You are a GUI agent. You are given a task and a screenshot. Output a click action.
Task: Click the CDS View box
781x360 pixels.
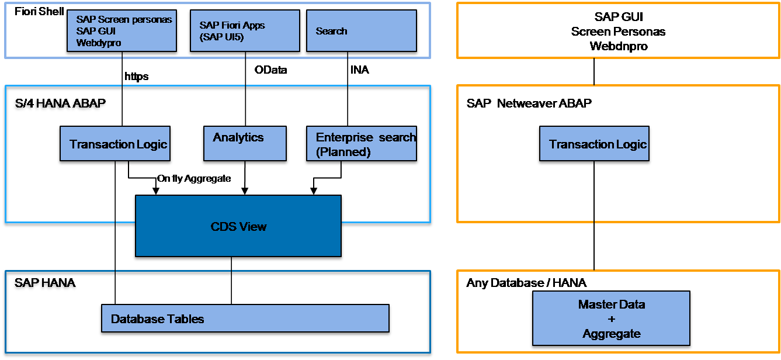[x=238, y=226]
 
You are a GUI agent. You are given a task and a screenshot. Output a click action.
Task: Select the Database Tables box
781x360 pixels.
[x=245, y=318]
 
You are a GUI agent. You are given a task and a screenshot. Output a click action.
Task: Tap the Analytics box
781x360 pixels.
[x=245, y=143]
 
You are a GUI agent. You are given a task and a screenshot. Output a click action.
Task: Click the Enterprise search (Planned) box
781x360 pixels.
[x=361, y=143]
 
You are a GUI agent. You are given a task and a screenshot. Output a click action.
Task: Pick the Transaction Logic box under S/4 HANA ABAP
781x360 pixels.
[x=115, y=143]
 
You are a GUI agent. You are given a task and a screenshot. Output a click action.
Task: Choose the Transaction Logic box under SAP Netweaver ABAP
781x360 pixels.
[x=594, y=143]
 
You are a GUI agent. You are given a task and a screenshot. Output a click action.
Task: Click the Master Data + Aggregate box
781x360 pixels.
[x=611, y=318]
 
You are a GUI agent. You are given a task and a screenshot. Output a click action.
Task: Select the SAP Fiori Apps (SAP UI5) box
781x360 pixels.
[x=245, y=31]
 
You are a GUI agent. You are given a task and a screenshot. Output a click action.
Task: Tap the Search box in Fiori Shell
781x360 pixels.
[x=361, y=31]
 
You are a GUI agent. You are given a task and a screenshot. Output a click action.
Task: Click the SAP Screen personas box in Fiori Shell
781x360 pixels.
[x=122, y=31]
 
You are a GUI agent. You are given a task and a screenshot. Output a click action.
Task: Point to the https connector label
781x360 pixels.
[x=136, y=77]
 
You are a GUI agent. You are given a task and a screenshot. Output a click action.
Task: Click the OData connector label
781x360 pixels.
[x=270, y=70]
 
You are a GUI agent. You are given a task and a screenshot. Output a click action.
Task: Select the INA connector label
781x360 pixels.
[x=359, y=70]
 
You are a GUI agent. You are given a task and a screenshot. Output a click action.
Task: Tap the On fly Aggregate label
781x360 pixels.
[x=194, y=179]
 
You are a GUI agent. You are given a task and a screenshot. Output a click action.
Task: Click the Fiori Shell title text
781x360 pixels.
[x=39, y=12]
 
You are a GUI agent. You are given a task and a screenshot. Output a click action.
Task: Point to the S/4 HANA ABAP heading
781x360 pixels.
[x=60, y=103]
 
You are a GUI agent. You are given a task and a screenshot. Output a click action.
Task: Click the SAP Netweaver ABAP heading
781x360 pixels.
[x=529, y=103]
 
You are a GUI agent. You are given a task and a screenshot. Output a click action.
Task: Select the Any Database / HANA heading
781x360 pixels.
[x=526, y=282]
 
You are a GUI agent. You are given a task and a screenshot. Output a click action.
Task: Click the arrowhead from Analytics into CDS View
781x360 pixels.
[x=245, y=191]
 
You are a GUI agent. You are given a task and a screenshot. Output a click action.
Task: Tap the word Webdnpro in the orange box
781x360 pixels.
[x=619, y=46]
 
